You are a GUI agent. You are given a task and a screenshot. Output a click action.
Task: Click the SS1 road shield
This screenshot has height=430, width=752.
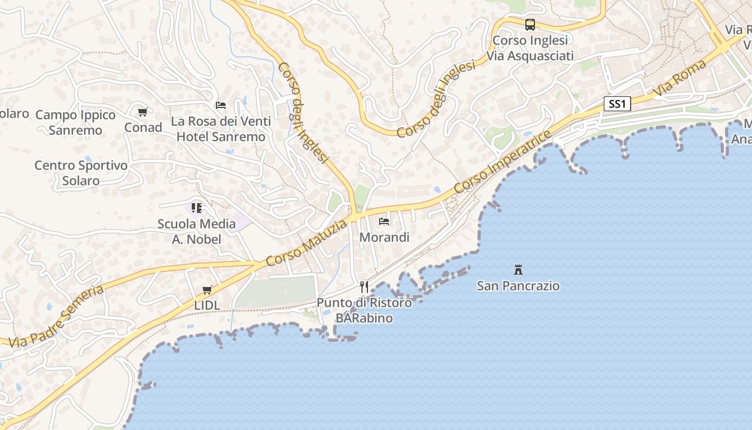(x=617, y=104)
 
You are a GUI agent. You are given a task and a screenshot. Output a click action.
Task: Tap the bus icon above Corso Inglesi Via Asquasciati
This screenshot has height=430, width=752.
(x=530, y=24)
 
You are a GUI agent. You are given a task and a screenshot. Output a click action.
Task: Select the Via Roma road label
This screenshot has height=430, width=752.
(x=679, y=78)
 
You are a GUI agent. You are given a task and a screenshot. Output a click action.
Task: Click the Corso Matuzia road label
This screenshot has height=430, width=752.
(x=307, y=242)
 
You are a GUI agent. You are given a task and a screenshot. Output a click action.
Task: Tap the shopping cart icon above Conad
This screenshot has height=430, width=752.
(x=142, y=112)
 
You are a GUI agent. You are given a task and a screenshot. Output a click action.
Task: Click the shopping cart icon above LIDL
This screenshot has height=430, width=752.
(x=207, y=290)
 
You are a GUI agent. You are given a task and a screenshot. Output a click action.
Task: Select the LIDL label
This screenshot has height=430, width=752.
(x=207, y=305)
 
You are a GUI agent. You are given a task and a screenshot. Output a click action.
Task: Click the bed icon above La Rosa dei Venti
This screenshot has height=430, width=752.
(x=221, y=105)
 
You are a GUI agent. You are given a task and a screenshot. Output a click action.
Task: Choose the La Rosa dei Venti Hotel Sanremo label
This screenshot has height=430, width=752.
(x=221, y=129)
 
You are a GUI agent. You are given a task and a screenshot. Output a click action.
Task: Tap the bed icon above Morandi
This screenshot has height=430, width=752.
(x=384, y=221)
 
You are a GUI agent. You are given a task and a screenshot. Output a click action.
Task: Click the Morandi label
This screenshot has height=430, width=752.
(x=384, y=237)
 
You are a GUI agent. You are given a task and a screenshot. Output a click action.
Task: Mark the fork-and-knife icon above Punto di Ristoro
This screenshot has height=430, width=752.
(x=364, y=287)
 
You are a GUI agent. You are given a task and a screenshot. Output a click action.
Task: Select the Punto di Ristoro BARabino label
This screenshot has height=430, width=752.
(x=364, y=310)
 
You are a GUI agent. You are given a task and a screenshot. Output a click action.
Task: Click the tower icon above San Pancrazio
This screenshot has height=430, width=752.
(x=518, y=270)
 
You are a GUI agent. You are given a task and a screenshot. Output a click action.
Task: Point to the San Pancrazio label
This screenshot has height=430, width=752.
(x=518, y=286)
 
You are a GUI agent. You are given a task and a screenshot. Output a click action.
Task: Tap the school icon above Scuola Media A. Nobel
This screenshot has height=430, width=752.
(x=197, y=208)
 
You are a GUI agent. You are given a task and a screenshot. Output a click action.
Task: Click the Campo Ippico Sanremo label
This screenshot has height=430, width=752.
(x=75, y=123)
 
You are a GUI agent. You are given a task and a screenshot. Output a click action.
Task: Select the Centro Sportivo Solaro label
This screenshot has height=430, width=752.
(x=81, y=173)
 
